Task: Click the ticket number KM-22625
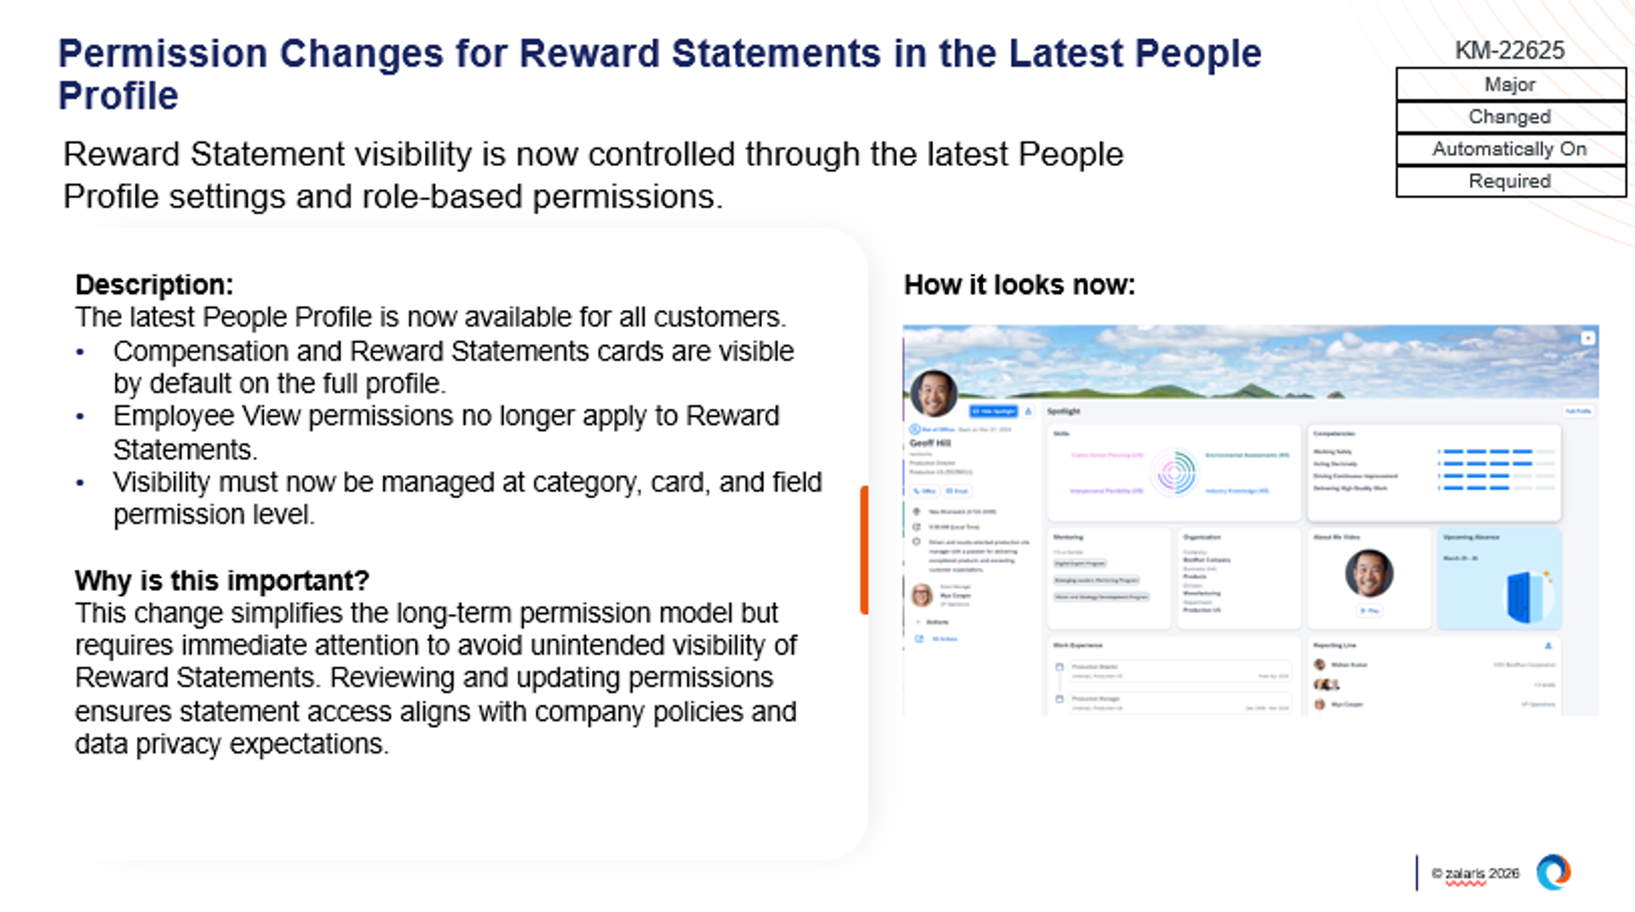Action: [x=1509, y=50]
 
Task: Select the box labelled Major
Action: [x=1510, y=84]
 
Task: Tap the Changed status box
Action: [x=1510, y=117]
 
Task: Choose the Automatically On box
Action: [x=1510, y=149]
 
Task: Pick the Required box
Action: [x=1510, y=181]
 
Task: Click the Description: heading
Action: [x=154, y=284]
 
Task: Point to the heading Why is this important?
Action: [x=222, y=581]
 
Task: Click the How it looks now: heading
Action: [x=1019, y=284]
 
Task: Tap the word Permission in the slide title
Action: [x=163, y=54]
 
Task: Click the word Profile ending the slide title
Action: [x=118, y=96]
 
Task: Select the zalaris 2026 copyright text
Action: [x=1475, y=874]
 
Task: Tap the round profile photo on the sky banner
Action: [x=933, y=393]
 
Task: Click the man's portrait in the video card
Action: [x=1368, y=573]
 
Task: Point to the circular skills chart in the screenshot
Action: [x=1174, y=472]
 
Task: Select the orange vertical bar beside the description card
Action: [x=864, y=549]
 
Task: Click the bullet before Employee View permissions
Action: [x=80, y=417]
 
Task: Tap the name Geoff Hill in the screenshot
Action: [x=930, y=443]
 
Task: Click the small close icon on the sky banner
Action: [x=1588, y=338]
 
